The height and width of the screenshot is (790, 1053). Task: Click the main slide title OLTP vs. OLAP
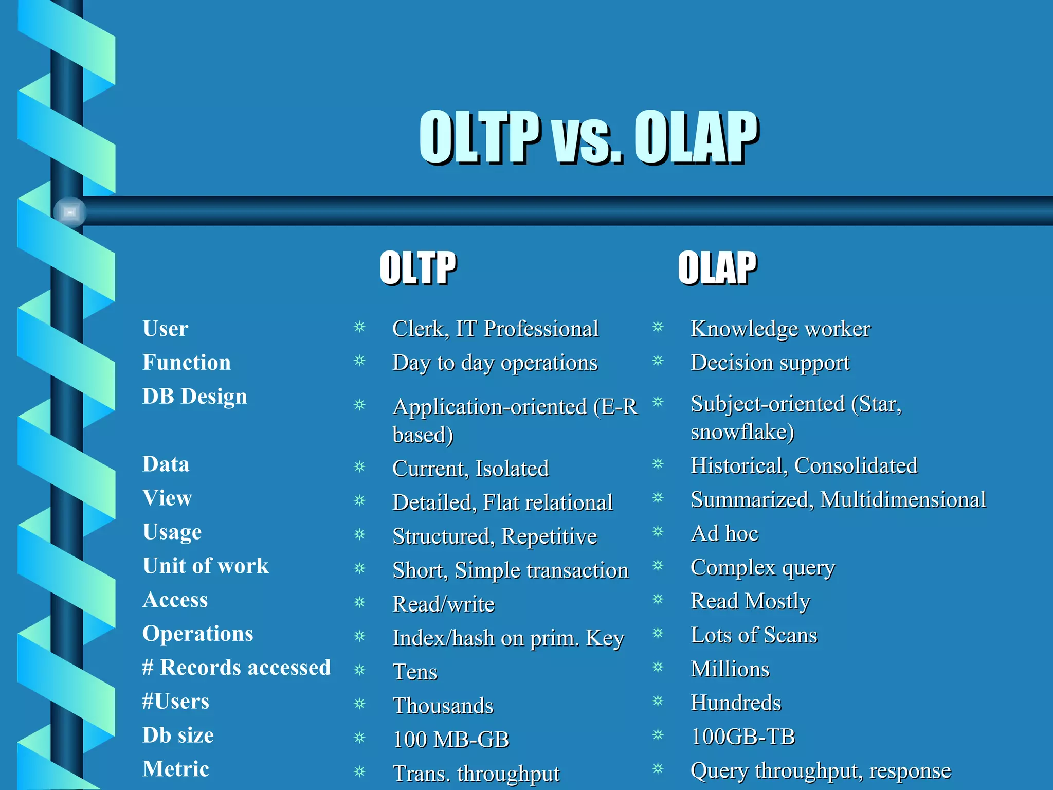tap(589, 137)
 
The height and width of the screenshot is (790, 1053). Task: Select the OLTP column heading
tap(417, 267)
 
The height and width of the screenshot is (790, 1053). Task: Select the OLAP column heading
tap(717, 267)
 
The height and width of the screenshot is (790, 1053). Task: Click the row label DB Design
tap(195, 397)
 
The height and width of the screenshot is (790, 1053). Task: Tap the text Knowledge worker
tap(780, 329)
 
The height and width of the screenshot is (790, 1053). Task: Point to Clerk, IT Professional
tap(495, 329)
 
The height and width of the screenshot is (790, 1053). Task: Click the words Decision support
tap(770, 363)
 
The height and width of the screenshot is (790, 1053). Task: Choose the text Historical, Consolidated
tap(804, 466)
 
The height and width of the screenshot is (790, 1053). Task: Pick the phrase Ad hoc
tap(724, 534)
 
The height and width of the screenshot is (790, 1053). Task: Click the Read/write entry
tap(443, 604)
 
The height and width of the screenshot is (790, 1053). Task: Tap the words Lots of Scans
tap(754, 635)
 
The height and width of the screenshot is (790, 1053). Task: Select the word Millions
tap(730, 669)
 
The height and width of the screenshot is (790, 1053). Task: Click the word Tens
tap(415, 672)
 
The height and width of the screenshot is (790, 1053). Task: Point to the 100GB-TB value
tap(743, 737)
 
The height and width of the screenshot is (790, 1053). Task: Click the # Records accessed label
tap(237, 668)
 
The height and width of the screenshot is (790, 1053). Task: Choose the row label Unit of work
tap(206, 566)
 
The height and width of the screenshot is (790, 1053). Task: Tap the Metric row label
tap(176, 769)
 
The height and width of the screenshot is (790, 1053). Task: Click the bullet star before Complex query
tap(658, 566)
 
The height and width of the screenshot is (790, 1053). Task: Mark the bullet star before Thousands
tap(359, 703)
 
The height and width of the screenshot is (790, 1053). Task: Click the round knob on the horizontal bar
tap(70, 211)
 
